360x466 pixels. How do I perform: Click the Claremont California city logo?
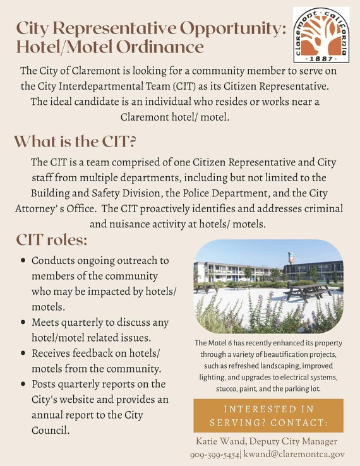pyautogui.click(x=320, y=34)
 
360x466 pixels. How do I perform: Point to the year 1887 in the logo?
pyautogui.click(x=320, y=57)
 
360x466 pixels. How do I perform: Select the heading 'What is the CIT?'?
pyautogui.click(x=76, y=140)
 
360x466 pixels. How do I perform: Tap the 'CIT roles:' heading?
pyautogui.click(x=52, y=240)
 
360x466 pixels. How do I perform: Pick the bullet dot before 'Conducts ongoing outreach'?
pyautogui.click(x=23, y=260)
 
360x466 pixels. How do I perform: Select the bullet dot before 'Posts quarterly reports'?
pyautogui.click(x=23, y=384)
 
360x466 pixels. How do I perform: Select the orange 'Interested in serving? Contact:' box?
pyautogui.click(x=268, y=415)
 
